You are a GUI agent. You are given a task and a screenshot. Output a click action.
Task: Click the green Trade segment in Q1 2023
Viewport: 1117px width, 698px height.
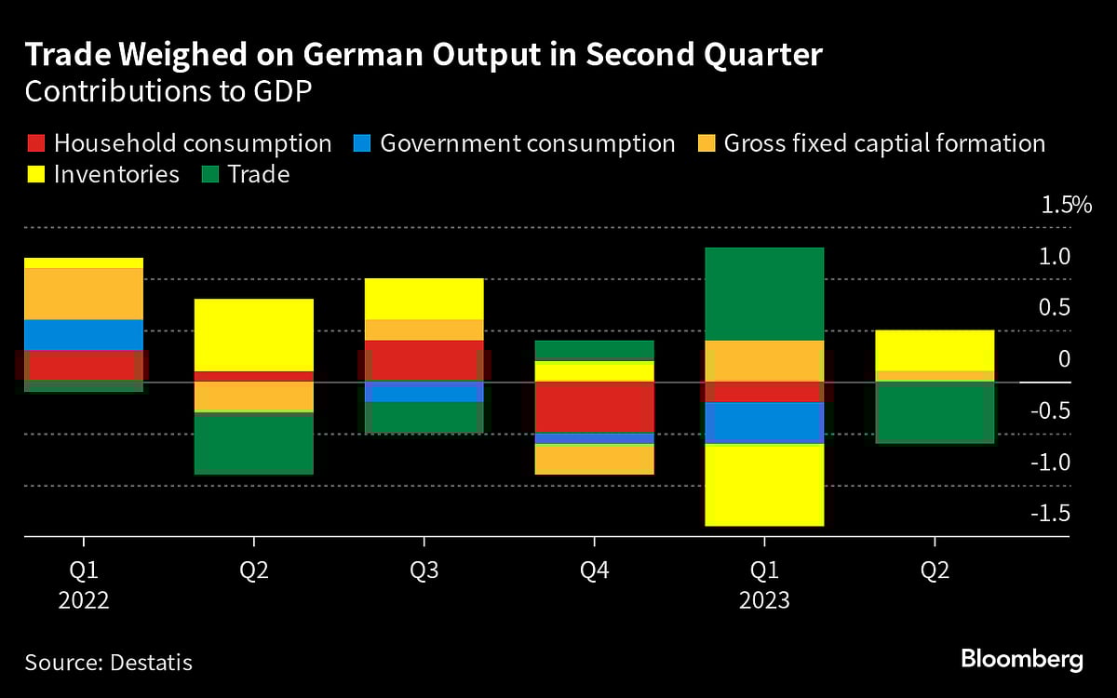point(764,294)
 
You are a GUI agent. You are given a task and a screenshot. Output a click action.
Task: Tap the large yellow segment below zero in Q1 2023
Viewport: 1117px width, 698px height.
point(764,485)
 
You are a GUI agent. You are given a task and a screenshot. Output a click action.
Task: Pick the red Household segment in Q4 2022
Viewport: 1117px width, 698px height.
point(594,407)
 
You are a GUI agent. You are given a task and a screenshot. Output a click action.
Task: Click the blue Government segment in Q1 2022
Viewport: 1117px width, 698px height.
point(84,334)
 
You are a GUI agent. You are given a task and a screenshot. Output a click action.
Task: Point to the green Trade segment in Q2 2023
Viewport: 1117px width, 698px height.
point(934,412)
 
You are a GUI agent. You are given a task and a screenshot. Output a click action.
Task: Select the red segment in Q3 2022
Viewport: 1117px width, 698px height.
point(424,360)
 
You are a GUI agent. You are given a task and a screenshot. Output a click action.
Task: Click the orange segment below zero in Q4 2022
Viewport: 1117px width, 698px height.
point(594,459)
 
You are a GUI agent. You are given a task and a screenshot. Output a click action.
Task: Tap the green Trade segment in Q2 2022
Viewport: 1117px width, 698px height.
point(254,443)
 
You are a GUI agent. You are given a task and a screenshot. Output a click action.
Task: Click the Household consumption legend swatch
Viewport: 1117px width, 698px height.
point(34,144)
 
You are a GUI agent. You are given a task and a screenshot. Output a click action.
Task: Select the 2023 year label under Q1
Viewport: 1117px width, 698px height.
point(764,600)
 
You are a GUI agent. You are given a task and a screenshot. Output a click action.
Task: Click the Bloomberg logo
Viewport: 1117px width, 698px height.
point(1021,660)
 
